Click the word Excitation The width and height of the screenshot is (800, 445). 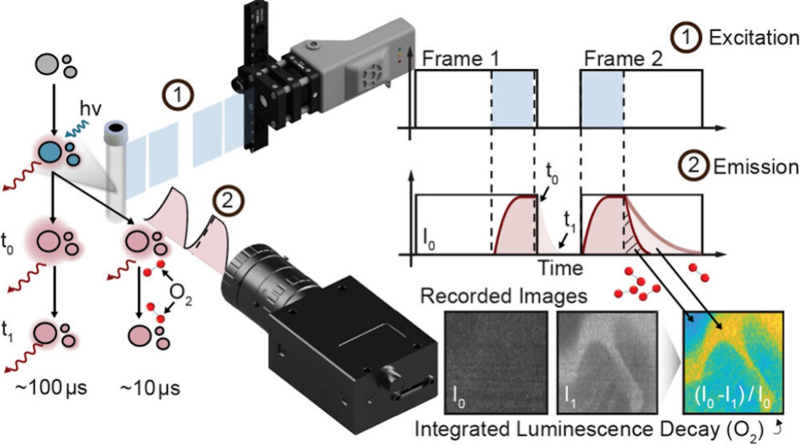(753, 38)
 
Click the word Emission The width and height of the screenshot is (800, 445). (756, 167)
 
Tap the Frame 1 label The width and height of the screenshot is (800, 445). (460, 58)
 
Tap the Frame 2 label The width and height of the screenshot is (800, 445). (623, 58)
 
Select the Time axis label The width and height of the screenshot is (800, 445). (560, 268)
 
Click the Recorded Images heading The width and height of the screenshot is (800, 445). (503, 296)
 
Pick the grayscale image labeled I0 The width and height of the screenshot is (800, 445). (496, 362)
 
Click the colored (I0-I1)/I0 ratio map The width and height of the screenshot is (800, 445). (733, 362)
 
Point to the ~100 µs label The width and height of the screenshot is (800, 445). (51, 388)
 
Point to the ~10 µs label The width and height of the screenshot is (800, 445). (150, 388)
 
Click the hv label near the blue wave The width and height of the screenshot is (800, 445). (90, 109)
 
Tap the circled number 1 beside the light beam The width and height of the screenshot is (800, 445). (177, 95)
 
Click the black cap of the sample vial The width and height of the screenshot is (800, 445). (116, 128)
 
